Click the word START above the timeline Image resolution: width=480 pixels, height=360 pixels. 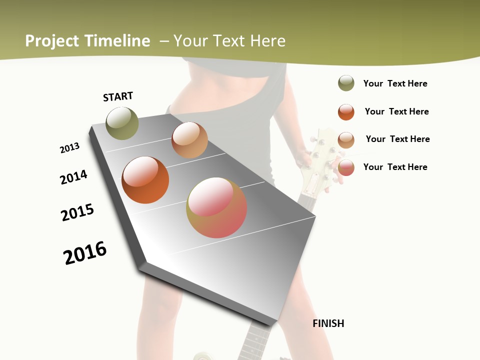118,96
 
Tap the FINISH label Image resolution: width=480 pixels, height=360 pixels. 328,323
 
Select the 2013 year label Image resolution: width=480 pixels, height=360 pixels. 69,148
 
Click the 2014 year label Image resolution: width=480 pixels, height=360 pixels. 73,177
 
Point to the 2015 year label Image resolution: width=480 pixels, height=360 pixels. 77,212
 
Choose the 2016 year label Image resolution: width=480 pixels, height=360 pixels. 85,253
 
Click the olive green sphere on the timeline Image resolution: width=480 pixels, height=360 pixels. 122,123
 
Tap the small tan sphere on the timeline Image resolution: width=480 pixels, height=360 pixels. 189,140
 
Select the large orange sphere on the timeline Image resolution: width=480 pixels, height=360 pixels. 145,180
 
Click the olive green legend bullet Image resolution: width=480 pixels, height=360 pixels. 346,83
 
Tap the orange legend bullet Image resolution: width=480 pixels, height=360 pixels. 346,112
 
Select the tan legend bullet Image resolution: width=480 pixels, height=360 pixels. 346,139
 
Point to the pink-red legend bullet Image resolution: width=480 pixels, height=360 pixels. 346,167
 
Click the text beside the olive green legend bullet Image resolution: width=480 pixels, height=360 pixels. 395,83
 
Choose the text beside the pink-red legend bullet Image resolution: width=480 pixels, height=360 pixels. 395,167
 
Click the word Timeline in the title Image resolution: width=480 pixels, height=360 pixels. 117,41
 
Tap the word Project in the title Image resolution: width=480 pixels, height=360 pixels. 52,41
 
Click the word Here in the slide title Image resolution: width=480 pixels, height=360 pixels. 267,41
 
